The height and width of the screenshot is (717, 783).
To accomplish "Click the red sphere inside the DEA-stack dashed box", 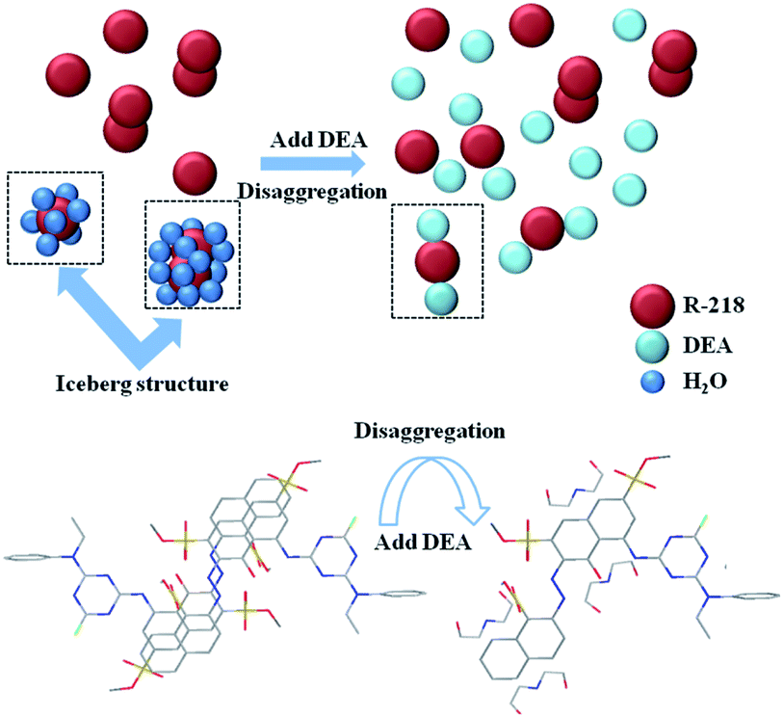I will coord(439,260).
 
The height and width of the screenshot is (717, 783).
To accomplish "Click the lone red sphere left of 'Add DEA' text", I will coord(196,174).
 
